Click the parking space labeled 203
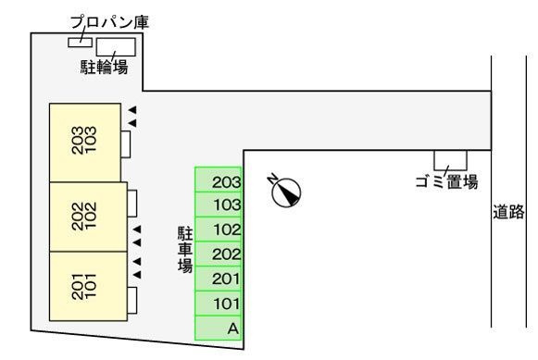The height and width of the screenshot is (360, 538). (219, 180)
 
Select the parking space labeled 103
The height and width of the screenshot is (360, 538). (219, 205)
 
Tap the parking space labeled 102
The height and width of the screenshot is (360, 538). (219, 230)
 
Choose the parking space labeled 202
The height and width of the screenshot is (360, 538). (219, 254)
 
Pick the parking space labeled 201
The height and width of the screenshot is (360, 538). (219, 279)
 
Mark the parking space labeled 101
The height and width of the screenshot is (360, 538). (219, 303)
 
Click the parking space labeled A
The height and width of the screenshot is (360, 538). (219, 328)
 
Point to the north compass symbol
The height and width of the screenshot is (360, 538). (285, 189)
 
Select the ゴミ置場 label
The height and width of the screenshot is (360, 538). (446, 180)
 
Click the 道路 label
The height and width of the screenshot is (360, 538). (507, 213)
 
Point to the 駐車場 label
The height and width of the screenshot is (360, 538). (184, 249)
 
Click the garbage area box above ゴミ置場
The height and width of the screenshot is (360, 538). (450, 159)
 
